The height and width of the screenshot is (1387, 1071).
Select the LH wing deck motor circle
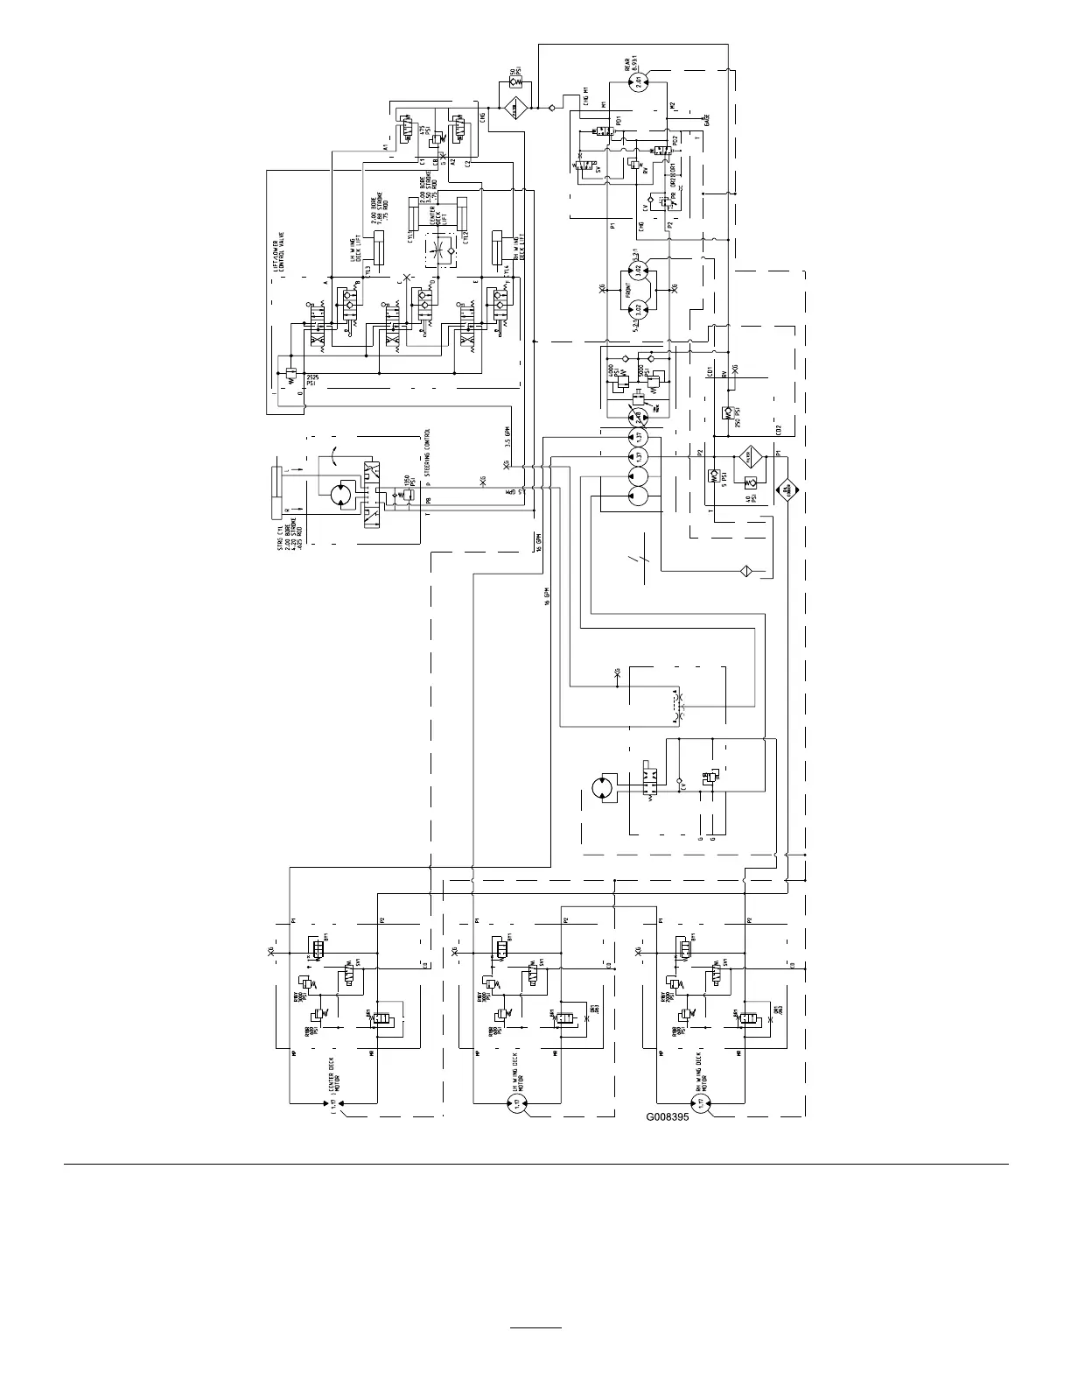(518, 1105)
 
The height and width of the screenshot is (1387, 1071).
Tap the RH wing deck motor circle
(702, 1105)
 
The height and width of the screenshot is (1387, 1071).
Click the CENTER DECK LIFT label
(430, 215)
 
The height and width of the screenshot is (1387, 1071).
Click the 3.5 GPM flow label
(520, 435)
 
